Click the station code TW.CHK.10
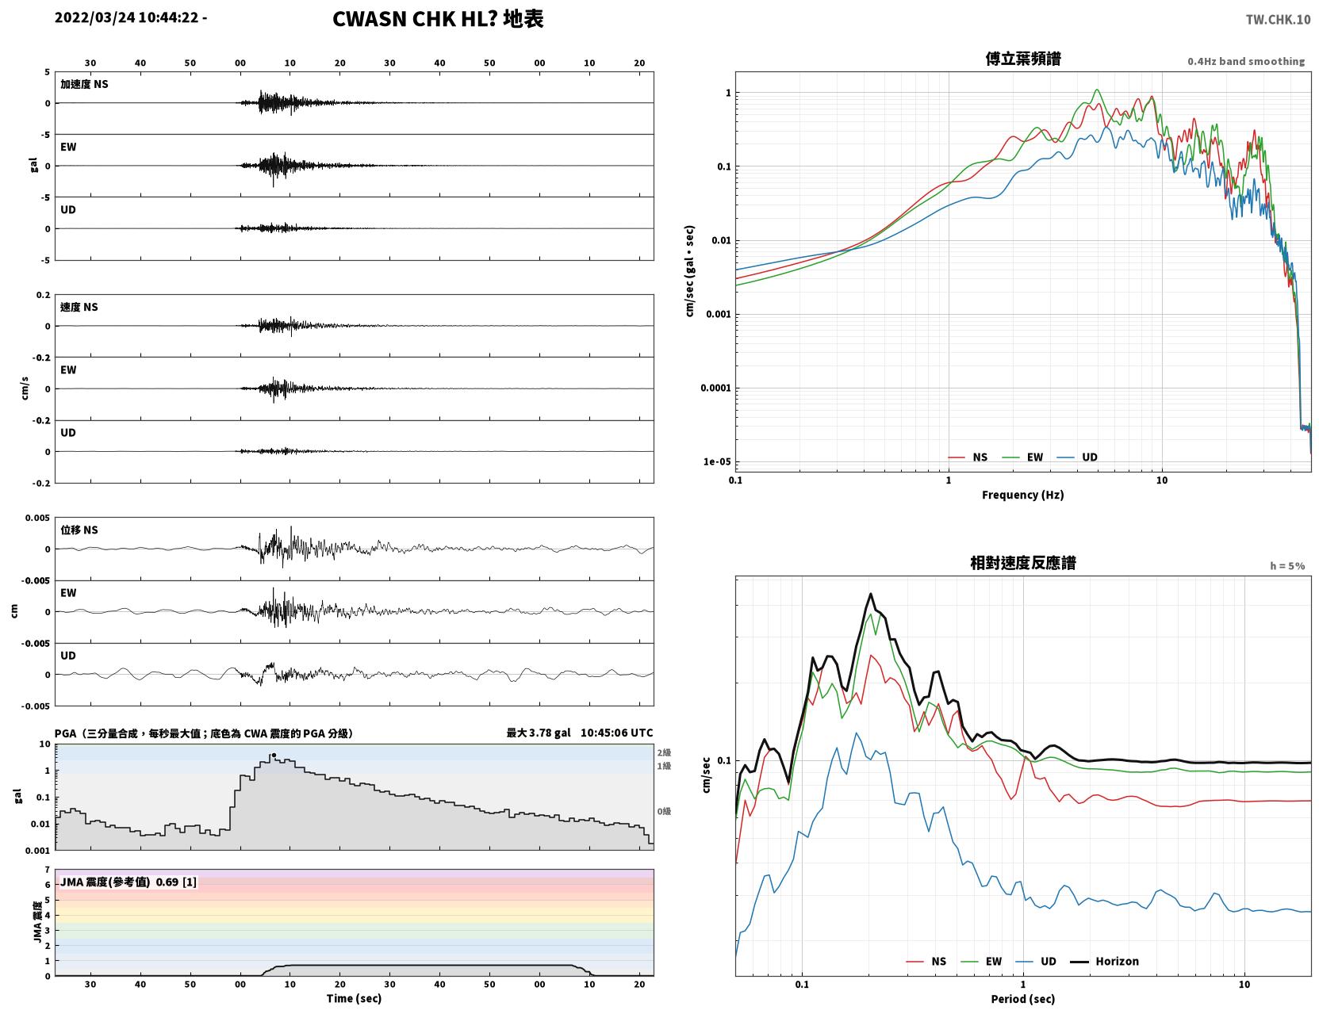click(x=1278, y=19)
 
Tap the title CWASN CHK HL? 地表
click(x=438, y=19)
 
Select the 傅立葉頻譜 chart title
click(x=1023, y=59)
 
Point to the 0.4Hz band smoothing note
click(x=1246, y=61)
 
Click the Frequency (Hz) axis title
click(x=1023, y=495)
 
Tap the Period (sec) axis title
click(x=1023, y=999)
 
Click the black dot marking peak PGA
click(x=274, y=755)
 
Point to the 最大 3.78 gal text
click(x=539, y=733)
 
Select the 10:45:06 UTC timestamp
click(x=617, y=733)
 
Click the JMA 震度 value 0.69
click(x=167, y=882)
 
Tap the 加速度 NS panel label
click(x=84, y=84)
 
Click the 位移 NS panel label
click(x=79, y=530)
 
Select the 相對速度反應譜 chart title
click(x=1023, y=563)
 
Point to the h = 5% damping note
click(x=1287, y=566)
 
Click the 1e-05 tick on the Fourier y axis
click(x=717, y=462)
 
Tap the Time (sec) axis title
click(x=354, y=998)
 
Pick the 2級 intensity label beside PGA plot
click(x=664, y=752)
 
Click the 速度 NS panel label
click(x=79, y=307)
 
